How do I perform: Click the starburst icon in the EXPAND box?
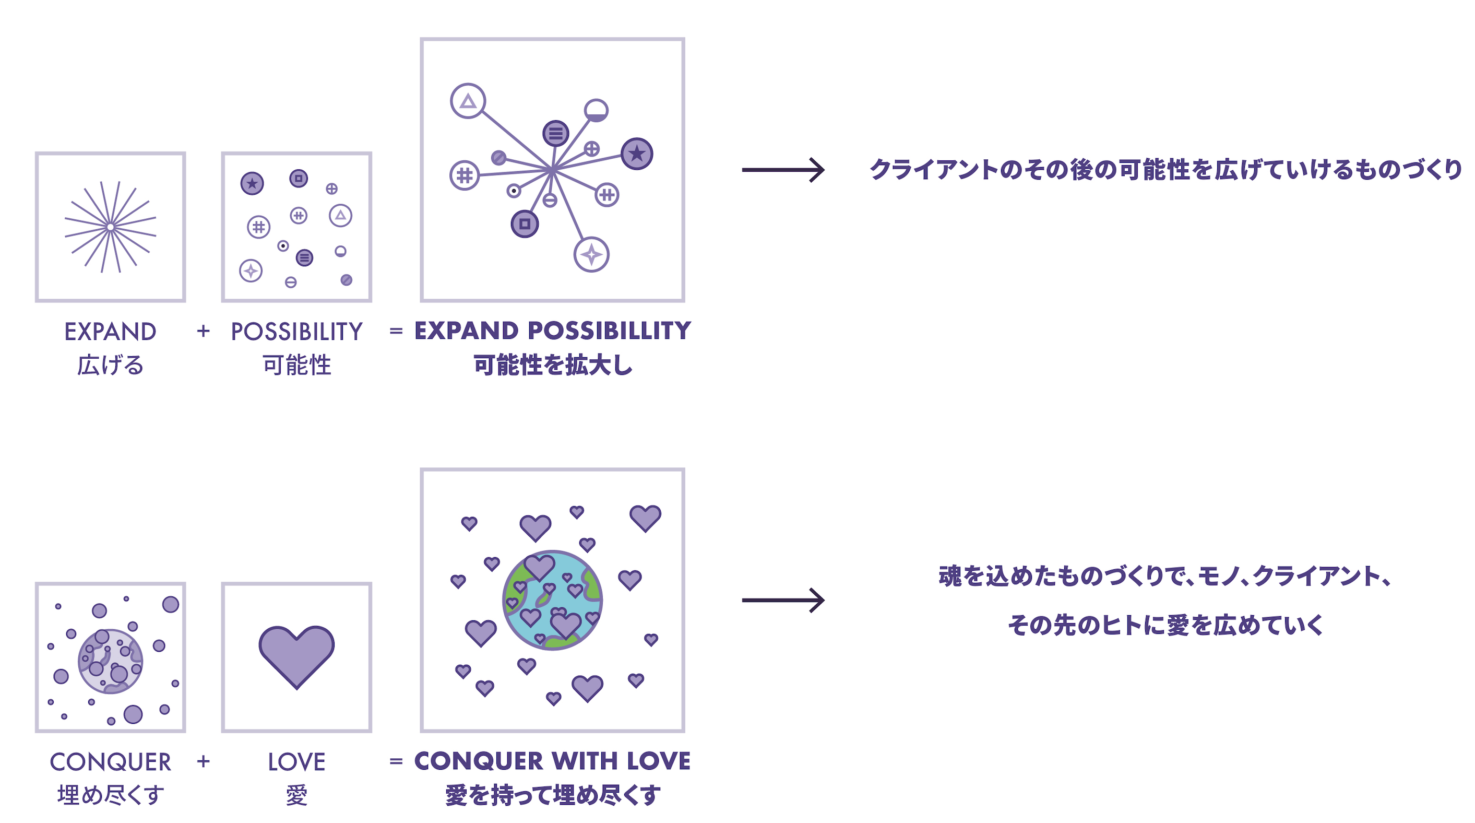[x=111, y=227]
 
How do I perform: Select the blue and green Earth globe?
[x=553, y=600]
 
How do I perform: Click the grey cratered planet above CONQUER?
[x=111, y=661]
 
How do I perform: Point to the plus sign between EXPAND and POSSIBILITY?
[x=203, y=331]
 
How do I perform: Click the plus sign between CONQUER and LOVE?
[x=203, y=761]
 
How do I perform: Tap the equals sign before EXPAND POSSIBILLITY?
[x=396, y=331]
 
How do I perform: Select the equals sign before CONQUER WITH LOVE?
[x=396, y=761]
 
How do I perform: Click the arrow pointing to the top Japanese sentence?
[x=783, y=170]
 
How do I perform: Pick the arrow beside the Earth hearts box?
[x=783, y=600]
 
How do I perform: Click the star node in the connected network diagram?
[x=637, y=154]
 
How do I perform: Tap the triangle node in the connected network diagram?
[x=468, y=101]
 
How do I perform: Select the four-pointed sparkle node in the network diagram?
[x=591, y=254]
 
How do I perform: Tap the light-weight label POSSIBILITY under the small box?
[x=296, y=332]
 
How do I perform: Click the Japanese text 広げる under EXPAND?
[x=111, y=365]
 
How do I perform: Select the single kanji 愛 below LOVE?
[x=296, y=795]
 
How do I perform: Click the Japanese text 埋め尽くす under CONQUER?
[x=111, y=795]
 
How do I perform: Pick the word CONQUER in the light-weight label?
[x=111, y=762]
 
